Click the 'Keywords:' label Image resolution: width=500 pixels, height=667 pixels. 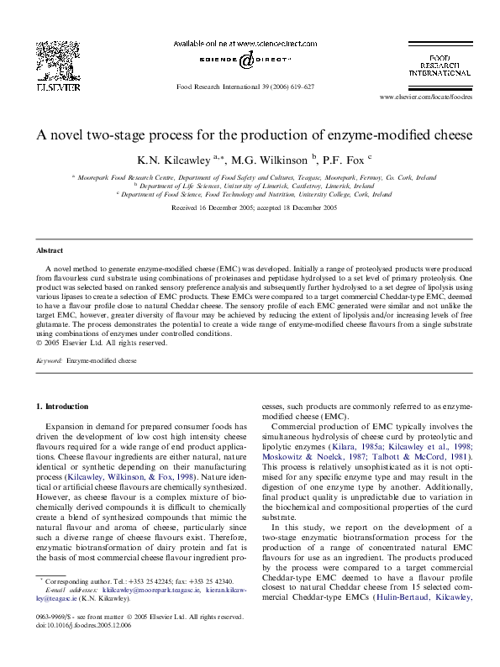tap(50, 360)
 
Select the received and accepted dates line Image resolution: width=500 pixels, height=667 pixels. tap(254, 207)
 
